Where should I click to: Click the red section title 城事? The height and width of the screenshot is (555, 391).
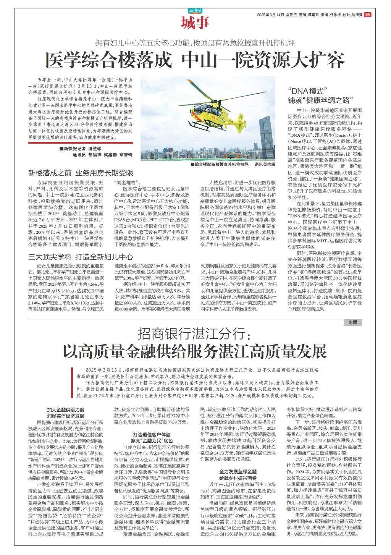tap(195, 23)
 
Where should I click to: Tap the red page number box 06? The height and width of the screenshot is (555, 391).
tap(368, 15)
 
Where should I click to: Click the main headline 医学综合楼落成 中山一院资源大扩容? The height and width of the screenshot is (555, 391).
tap(195, 60)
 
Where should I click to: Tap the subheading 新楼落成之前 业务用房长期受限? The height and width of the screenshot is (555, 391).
tap(81, 173)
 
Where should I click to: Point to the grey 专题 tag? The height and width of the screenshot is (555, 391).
tap(352, 323)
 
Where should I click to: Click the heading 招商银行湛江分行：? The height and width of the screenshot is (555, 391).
tap(194, 335)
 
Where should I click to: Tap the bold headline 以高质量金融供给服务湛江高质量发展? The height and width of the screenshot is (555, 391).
tap(195, 351)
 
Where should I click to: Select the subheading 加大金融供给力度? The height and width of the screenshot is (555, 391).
tap(66, 409)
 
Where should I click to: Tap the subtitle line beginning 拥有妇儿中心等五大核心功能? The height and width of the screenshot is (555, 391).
tap(195, 43)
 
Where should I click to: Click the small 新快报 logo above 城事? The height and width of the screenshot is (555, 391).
tap(195, 10)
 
